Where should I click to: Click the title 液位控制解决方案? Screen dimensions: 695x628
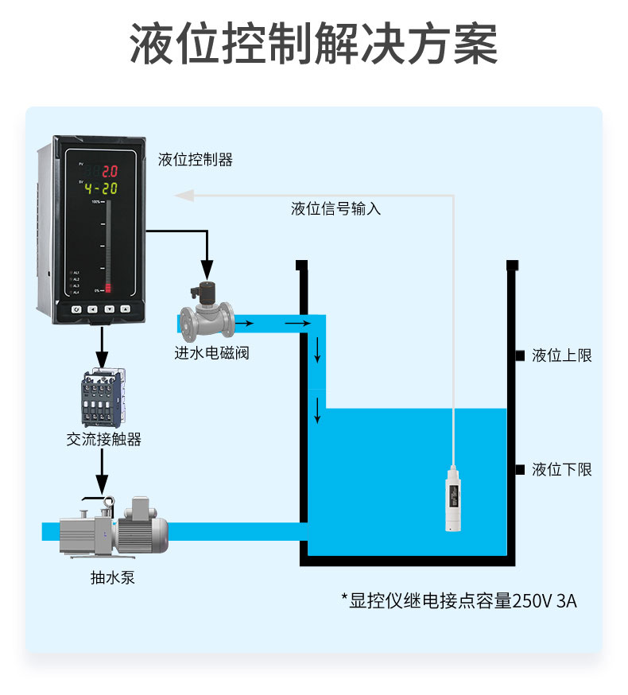314,45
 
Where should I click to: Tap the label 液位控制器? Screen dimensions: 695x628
195,160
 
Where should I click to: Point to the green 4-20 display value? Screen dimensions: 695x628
101,188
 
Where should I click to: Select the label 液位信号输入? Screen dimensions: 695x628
335,209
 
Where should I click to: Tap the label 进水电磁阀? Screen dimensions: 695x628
211,352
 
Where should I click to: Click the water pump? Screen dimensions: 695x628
119,528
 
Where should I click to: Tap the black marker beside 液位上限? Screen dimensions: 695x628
519,355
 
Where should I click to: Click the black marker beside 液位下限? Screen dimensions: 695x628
519,469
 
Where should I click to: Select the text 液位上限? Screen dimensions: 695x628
561,355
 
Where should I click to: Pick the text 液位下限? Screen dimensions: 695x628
561,469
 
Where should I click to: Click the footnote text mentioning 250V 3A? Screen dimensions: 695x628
459,600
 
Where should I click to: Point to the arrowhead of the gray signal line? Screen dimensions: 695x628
181,193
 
